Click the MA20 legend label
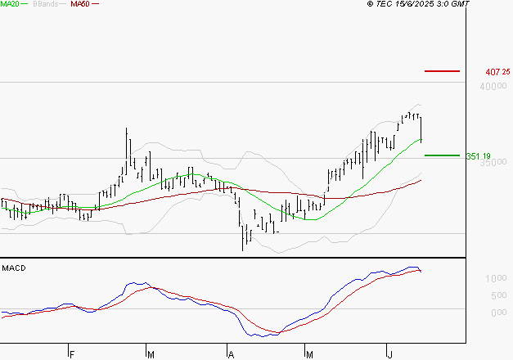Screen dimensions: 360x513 point(8,4)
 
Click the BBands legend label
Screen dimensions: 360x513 point(44,4)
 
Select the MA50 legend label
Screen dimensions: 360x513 point(80,4)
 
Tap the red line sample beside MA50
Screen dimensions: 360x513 point(96,4)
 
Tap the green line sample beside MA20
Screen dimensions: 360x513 point(24,4)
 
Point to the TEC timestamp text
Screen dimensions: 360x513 point(419,4)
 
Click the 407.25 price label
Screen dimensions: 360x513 point(497,72)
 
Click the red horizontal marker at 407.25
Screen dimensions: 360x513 point(443,71)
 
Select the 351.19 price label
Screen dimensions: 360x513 point(478,156)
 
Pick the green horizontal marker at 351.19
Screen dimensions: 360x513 point(443,155)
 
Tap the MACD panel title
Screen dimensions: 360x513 point(14,268)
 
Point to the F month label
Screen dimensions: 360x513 point(72,355)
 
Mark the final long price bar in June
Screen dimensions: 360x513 point(421,128)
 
